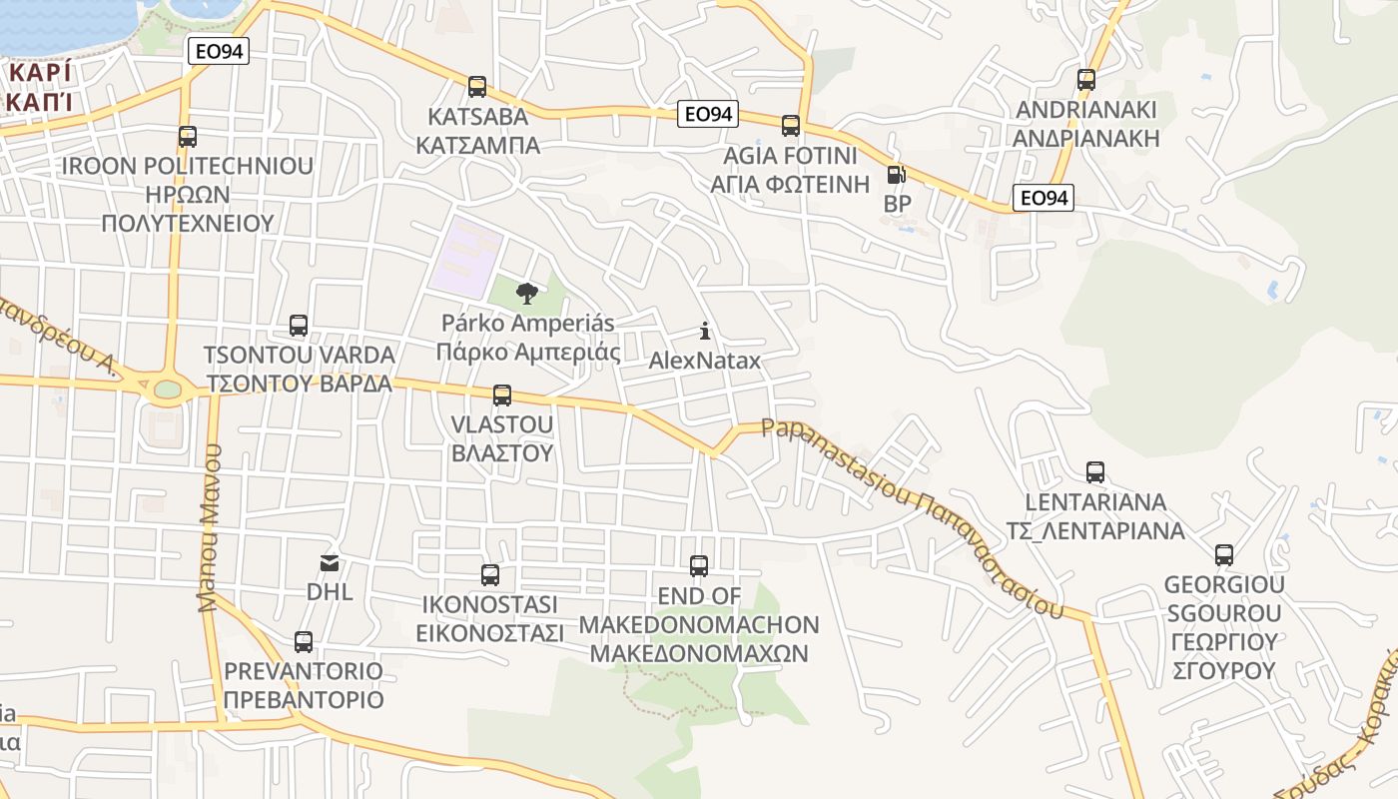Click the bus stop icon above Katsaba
click(477, 87)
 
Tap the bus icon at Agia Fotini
click(791, 126)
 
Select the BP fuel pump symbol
click(897, 176)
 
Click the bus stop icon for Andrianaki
click(1086, 80)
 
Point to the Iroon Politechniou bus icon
click(188, 137)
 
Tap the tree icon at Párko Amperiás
click(526, 294)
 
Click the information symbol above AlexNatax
click(705, 331)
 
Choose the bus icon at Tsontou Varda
click(299, 326)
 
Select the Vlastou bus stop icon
click(502, 396)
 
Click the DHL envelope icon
click(330, 563)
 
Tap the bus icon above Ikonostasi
click(490, 575)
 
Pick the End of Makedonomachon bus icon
click(699, 566)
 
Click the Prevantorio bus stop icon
click(304, 642)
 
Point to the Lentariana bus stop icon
click(1095, 472)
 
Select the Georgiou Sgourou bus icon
click(1224, 555)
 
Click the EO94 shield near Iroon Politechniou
click(218, 51)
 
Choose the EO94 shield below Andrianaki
click(1043, 198)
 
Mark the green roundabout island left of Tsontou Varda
click(167, 389)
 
